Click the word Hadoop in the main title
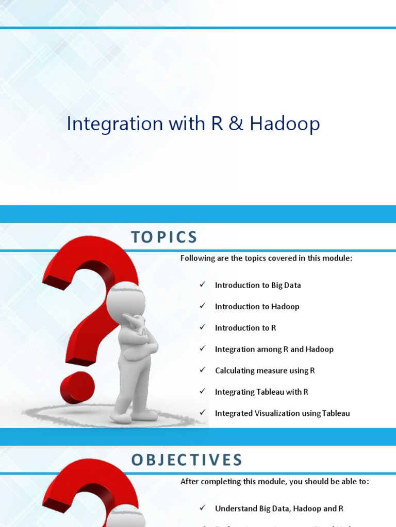click(285, 125)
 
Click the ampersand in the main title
click(235, 125)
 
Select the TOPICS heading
click(164, 237)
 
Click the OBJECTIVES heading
click(187, 460)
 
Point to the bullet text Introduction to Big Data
click(258, 285)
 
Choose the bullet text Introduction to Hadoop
click(257, 306)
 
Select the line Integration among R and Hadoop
click(274, 349)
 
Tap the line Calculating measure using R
click(265, 371)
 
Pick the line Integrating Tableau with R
click(261, 392)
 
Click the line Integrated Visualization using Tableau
click(282, 413)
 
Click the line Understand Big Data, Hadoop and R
click(279, 508)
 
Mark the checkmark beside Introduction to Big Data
click(203, 285)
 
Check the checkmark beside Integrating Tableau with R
click(203, 392)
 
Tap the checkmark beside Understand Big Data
click(203, 508)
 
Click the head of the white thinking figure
click(126, 300)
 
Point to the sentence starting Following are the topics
click(266, 258)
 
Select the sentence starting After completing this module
click(274, 482)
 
